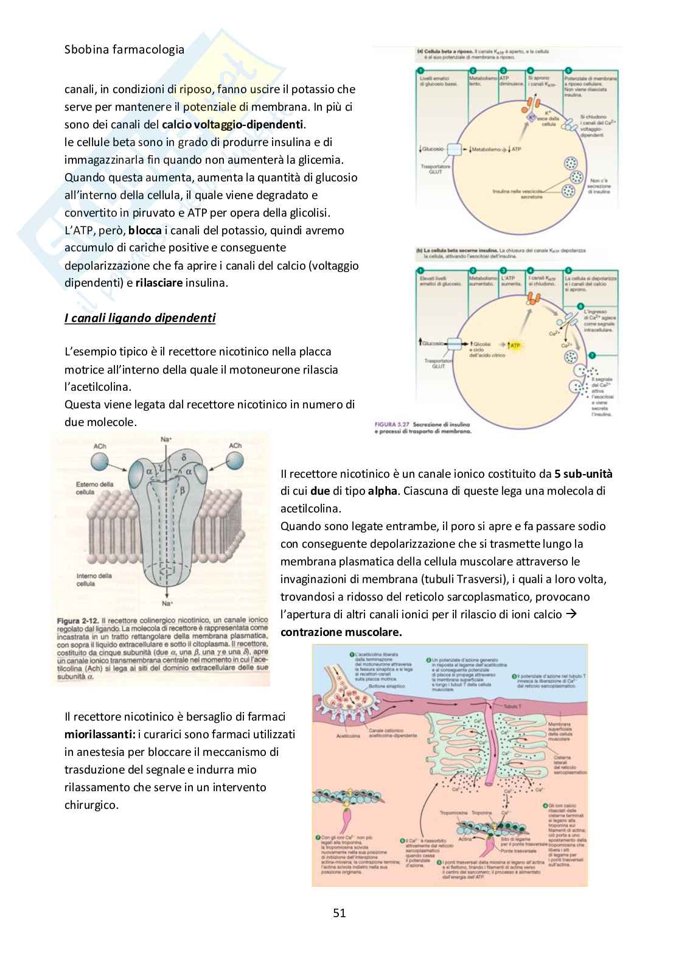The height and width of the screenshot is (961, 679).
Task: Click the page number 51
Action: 340,912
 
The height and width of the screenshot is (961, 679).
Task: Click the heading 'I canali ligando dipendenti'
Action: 140,318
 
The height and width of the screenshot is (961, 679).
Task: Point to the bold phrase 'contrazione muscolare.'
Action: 341,632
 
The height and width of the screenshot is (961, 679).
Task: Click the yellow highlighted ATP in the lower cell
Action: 515,346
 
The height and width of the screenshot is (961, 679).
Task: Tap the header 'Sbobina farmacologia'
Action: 124,50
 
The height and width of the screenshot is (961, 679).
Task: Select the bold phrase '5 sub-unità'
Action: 583,474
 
